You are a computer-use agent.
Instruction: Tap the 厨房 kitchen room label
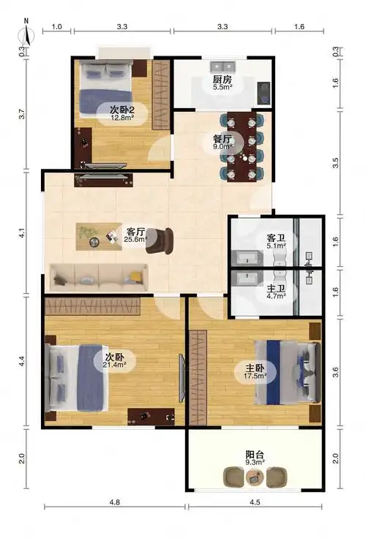(x=223, y=79)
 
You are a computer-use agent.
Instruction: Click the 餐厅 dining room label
(x=223, y=138)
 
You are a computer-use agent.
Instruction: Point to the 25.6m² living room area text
(x=136, y=238)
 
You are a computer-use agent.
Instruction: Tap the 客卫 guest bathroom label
(x=275, y=238)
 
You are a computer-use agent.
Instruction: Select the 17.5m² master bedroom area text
(x=255, y=376)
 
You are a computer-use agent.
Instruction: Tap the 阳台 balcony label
(x=255, y=455)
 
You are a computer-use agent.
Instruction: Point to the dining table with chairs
(x=243, y=146)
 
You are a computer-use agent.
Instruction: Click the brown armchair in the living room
(x=160, y=239)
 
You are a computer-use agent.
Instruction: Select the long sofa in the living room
(x=98, y=275)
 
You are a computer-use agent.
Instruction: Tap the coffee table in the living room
(x=100, y=235)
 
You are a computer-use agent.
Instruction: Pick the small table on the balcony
(x=255, y=477)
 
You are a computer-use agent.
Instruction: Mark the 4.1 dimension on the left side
(x=22, y=234)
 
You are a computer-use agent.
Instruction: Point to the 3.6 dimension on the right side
(x=336, y=371)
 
